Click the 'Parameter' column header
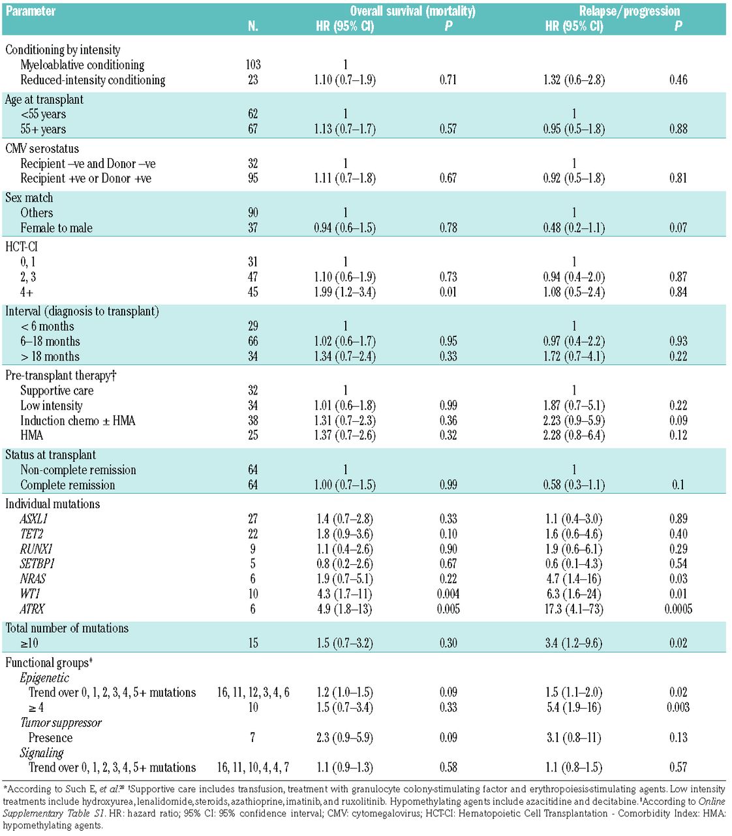31,11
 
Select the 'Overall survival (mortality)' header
412,11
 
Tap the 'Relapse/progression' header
629,11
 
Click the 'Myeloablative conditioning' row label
82,65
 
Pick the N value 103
253,65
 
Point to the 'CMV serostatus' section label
42,148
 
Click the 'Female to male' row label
56,228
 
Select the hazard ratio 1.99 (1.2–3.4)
345,292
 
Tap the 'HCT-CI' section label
21,247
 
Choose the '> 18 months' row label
50,357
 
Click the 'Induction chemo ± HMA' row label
78,421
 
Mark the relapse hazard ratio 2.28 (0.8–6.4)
574,436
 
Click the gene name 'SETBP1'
37,564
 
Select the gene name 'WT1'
30,594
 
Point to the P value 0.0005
678,609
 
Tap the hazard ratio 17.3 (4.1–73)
574,609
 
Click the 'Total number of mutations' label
67,628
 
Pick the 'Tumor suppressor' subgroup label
61,722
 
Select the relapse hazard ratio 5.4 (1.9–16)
574,707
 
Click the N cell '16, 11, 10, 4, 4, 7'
253,767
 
